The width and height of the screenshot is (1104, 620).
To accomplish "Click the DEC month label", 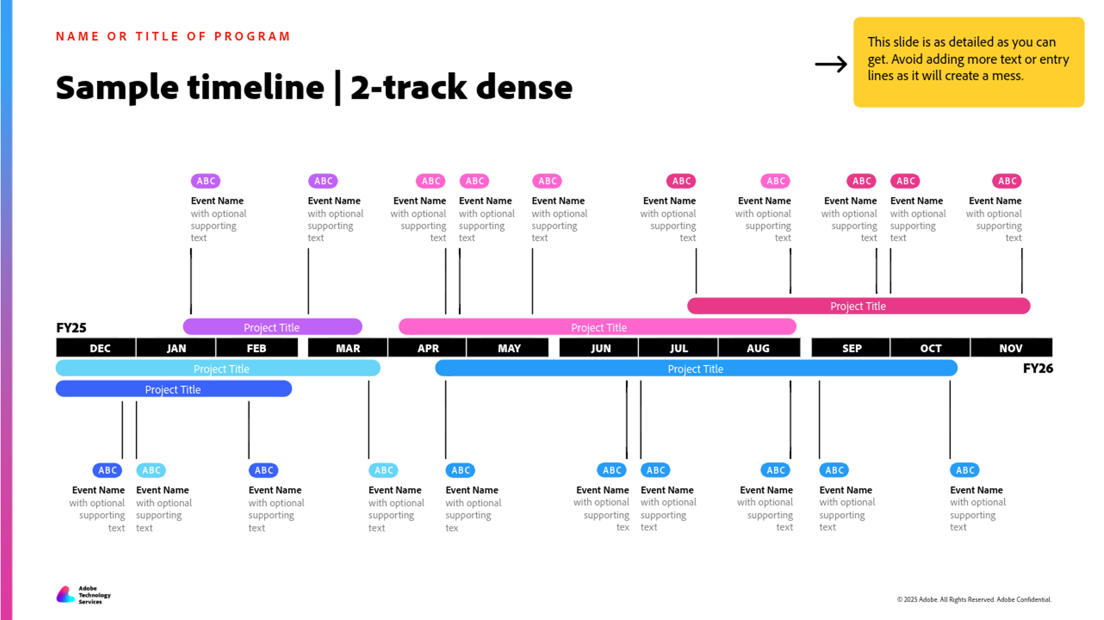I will coord(99,348).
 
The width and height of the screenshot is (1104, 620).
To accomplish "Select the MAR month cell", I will coord(348,348).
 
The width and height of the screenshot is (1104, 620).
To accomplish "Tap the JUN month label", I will coord(601,348).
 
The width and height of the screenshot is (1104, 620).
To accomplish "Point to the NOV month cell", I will coord(1010,348).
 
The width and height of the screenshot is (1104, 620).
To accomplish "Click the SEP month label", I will coord(852,348).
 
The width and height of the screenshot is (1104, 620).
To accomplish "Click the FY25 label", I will coord(71,328).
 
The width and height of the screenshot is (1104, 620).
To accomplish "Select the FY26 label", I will coord(1038,368).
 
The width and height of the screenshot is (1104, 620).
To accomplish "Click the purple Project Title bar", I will coord(272,327).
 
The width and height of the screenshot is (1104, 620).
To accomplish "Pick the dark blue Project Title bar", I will coord(173,389).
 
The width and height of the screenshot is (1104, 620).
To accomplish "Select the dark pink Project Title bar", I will coord(858,306).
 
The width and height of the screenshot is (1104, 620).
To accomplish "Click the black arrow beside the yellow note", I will coord(831,64).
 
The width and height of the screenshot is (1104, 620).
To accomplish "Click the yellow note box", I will coord(968,62).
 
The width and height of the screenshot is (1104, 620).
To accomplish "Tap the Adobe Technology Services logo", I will coord(84,594).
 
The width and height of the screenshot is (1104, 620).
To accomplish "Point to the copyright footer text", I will coord(974,600).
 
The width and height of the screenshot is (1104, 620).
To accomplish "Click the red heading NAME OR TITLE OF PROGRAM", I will coord(173,36).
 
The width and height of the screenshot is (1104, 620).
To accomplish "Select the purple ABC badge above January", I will coord(206,181).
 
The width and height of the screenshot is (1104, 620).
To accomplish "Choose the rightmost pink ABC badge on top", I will coord(1007,181).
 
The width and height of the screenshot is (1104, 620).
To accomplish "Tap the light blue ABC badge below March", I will coord(383,470).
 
